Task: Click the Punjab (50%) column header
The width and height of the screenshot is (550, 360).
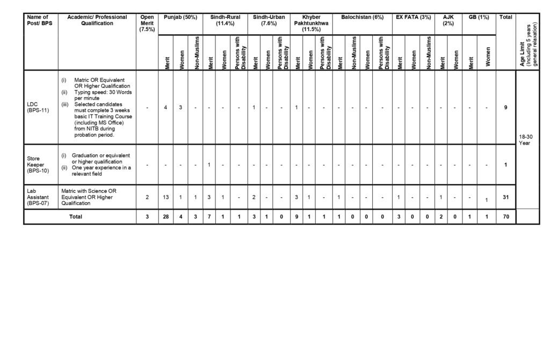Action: [x=180, y=17]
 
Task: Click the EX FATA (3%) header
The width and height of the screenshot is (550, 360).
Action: [x=413, y=17]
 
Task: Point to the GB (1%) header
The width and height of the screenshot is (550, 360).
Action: [x=479, y=17]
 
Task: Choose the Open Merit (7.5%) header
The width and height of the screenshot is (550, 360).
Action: [x=147, y=23]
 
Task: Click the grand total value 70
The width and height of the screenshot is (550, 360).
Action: [x=505, y=217]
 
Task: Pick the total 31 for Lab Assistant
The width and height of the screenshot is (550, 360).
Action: [x=505, y=197]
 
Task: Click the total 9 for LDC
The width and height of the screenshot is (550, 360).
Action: [x=505, y=107]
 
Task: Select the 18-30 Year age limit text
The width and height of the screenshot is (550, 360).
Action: [x=526, y=140]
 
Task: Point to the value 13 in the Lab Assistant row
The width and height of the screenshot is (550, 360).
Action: [x=166, y=197]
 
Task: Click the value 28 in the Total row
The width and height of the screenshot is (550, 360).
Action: [x=166, y=217]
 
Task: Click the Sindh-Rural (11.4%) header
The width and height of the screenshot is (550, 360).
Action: [x=225, y=20]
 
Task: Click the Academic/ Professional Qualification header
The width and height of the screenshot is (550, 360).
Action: [x=97, y=20]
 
